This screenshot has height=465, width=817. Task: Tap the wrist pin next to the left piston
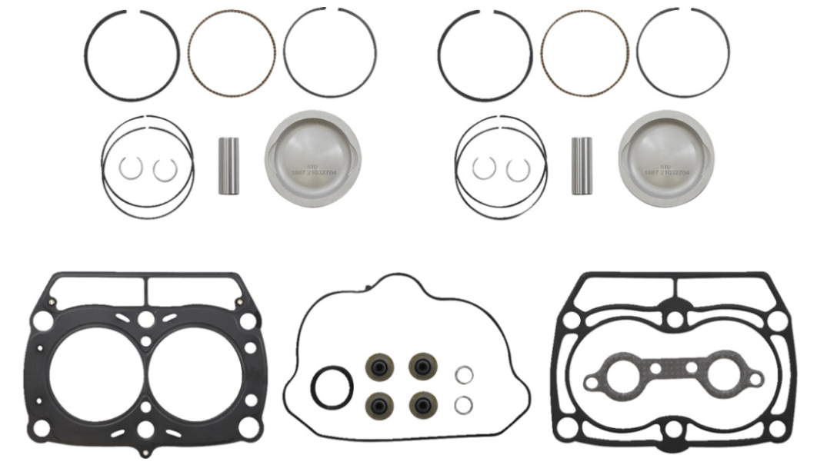[228, 165]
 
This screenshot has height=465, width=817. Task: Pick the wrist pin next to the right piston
[582, 165]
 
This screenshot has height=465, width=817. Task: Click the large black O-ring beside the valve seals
[332, 388]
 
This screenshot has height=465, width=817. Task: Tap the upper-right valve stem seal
[423, 367]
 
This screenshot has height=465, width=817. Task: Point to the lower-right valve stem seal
[423, 404]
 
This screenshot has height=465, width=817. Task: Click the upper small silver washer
[463, 375]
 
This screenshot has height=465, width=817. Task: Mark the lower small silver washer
[463, 404]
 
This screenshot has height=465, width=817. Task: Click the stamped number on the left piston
[312, 171]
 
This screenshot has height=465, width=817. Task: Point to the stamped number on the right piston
[666, 171]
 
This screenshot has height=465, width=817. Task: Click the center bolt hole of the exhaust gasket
[675, 368]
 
